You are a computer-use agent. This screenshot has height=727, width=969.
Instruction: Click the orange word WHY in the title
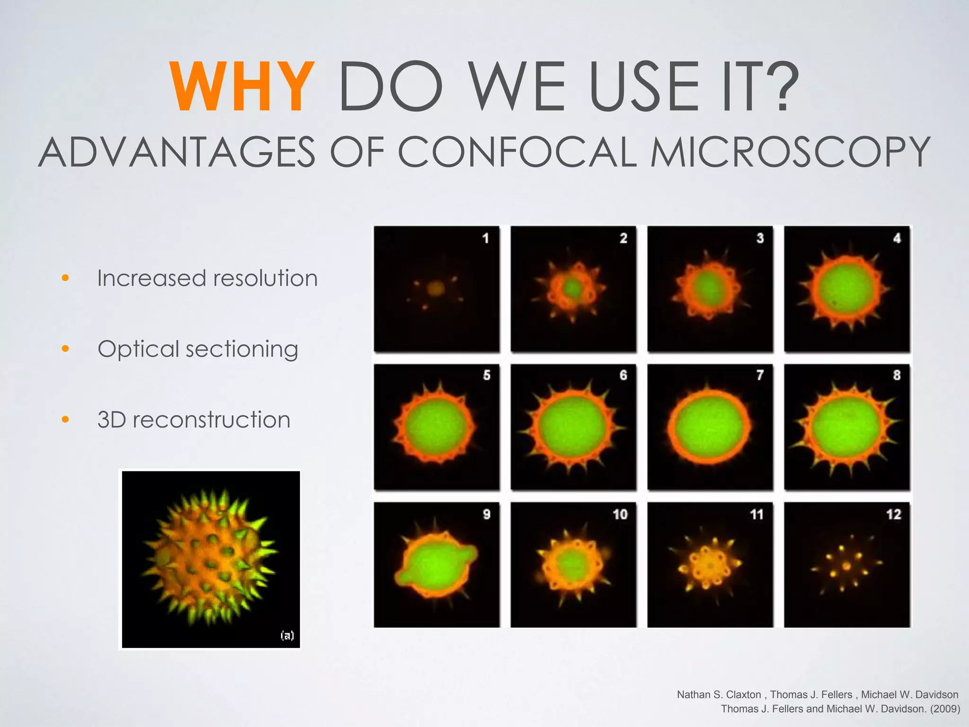click(242, 88)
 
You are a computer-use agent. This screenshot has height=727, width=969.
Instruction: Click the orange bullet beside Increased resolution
click(65, 278)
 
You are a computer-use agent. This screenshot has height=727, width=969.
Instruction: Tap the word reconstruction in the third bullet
click(211, 420)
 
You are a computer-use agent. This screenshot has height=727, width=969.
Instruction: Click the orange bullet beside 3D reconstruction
click(65, 419)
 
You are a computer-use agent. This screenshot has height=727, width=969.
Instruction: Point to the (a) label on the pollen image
click(287, 635)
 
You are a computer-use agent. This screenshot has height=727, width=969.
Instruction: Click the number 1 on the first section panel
click(485, 238)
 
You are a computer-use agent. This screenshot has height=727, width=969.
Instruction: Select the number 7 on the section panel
click(760, 375)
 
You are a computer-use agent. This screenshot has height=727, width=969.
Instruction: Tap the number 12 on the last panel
click(893, 514)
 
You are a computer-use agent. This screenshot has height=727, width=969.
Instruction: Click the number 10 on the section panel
click(620, 514)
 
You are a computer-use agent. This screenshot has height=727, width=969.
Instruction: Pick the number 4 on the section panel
click(897, 238)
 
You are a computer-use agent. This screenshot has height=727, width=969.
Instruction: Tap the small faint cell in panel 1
click(435, 287)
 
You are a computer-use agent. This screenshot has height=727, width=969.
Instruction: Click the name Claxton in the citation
click(743, 695)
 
